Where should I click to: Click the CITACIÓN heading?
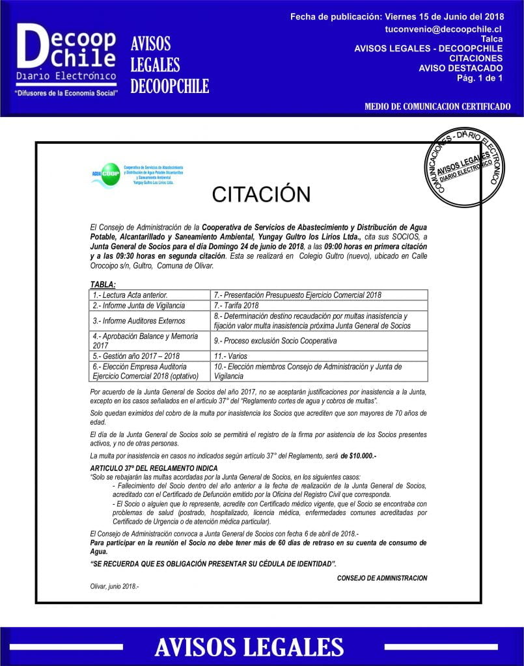[261, 194]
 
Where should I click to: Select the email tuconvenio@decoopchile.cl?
[443, 29]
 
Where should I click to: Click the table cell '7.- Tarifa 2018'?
[236, 305]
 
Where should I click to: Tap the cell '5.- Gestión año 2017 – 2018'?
[136, 356]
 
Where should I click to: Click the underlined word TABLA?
[103, 284]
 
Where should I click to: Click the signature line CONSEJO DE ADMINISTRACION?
[382, 578]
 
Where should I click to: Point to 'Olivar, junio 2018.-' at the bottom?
[115, 586]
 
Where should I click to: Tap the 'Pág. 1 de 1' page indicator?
[479, 78]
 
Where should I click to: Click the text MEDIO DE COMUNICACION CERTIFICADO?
[437, 107]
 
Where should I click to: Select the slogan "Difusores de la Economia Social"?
[67, 93]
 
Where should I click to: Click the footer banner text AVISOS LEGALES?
[249, 646]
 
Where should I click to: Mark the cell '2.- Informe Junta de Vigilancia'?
[139, 305]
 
